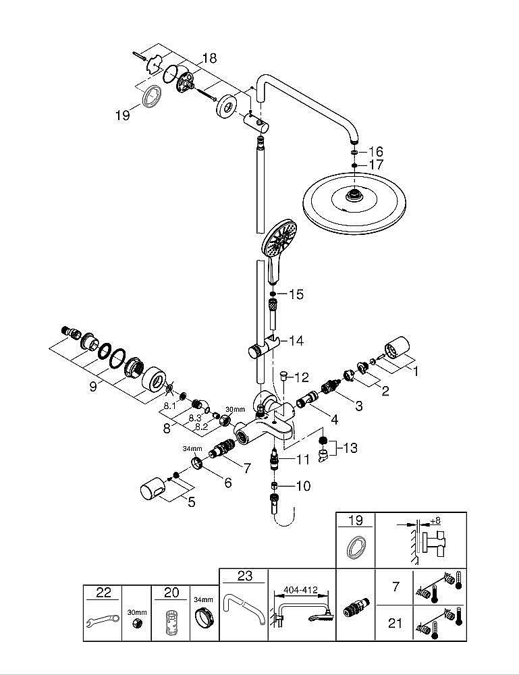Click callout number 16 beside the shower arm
coord(375,151)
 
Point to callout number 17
coord(375,165)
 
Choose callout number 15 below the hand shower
coord(296,294)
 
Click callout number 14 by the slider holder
coord(296,341)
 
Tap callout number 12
coord(300,377)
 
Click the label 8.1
coord(169,406)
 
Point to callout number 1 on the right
coord(416,370)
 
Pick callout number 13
coord(350,448)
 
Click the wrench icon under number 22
coord(97,623)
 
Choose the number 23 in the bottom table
coord(244,576)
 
